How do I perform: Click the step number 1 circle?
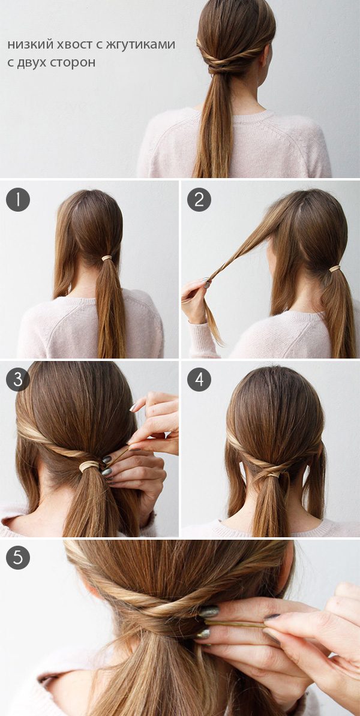[18, 200]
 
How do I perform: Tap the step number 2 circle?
[199, 200]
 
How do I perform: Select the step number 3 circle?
[18, 380]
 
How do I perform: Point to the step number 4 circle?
[199, 380]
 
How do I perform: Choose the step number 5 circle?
[18, 558]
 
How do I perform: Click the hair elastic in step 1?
[107, 258]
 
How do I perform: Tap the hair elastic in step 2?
[335, 269]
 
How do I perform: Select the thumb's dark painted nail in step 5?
[208, 612]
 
